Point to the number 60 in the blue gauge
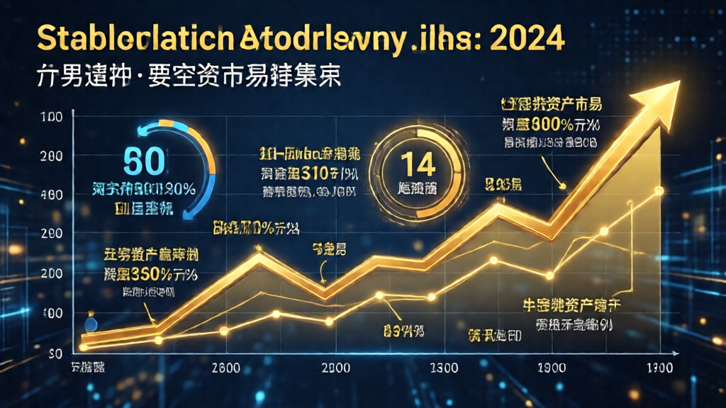(145, 161)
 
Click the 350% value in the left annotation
(152, 275)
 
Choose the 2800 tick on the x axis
(228, 368)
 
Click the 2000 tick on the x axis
(335, 368)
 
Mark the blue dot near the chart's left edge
(91, 325)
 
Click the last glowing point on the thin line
(659, 191)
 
